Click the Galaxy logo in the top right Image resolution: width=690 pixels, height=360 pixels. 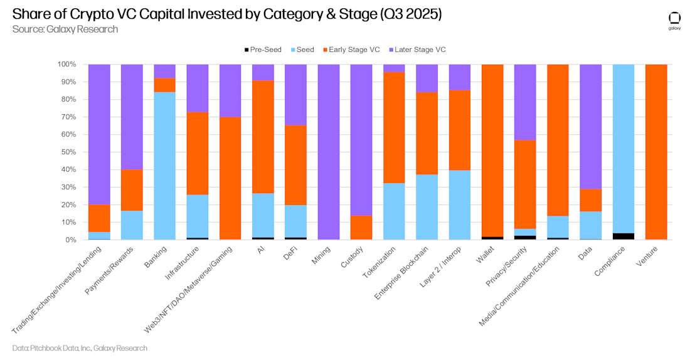(x=674, y=20)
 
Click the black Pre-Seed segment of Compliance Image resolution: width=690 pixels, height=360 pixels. (x=623, y=236)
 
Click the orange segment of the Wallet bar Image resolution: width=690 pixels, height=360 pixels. (x=492, y=151)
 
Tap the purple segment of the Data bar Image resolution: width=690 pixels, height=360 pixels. (x=590, y=126)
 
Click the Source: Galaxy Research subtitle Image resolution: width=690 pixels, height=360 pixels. (x=65, y=29)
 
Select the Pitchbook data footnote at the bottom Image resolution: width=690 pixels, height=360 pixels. (x=80, y=348)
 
